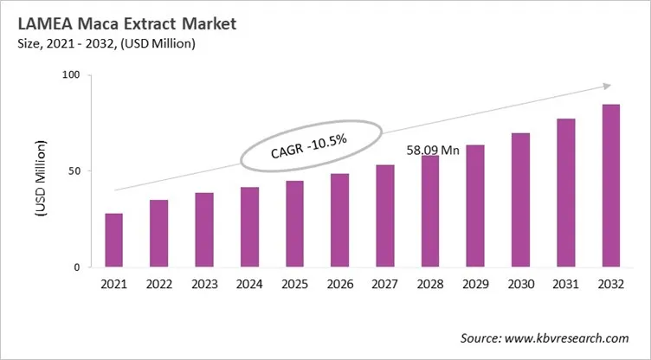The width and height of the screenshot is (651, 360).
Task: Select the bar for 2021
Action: pos(113,241)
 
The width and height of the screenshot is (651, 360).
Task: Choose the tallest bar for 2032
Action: pos(611,186)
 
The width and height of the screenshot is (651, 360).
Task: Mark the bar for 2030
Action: pos(520,201)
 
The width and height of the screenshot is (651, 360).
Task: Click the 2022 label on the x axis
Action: pos(158,283)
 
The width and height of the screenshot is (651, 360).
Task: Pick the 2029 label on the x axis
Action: pos(475,283)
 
